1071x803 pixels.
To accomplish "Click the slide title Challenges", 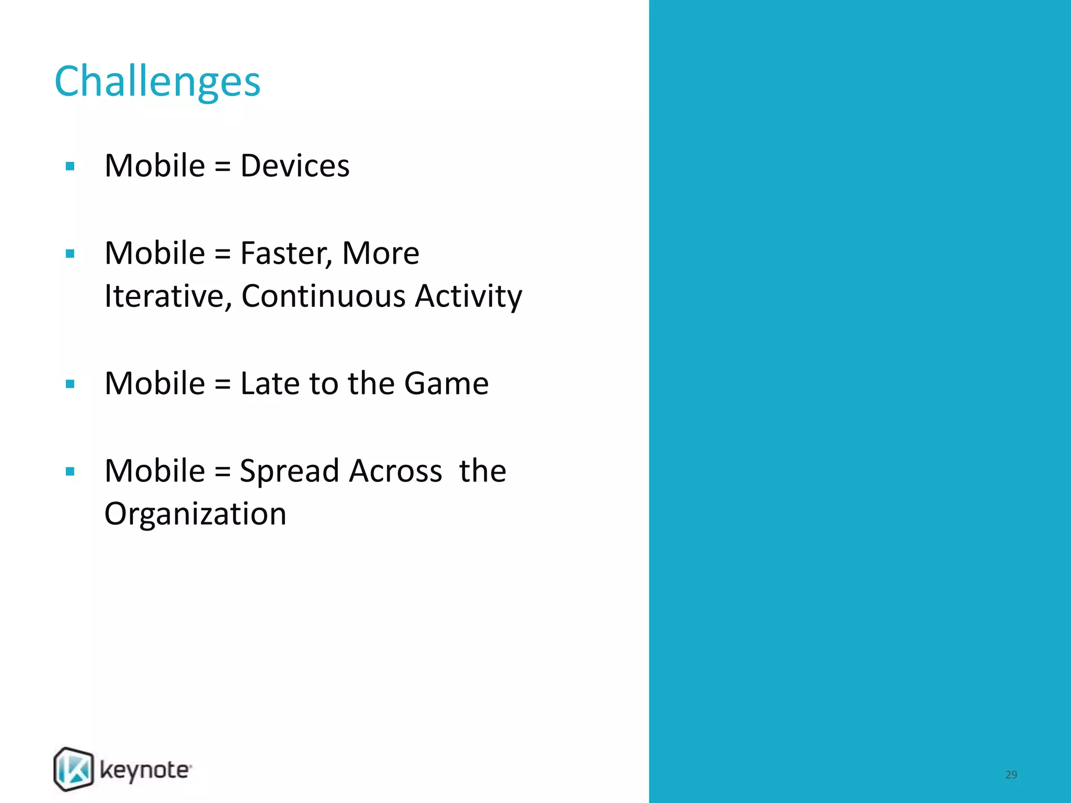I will [x=157, y=82].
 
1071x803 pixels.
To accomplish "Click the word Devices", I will [x=294, y=166].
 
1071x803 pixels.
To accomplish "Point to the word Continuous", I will [x=323, y=296].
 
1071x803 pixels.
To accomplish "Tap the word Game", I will [x=446, y=383].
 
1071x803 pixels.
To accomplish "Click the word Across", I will [x=395, y=471].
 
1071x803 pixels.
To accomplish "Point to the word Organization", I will [x=195, y=514].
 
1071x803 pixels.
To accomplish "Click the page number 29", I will [x=1011, y=775].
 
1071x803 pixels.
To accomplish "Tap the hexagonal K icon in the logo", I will [x=74, y=769].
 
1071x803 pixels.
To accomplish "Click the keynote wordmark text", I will [x=145, y=771].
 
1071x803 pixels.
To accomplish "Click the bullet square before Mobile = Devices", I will [x=70, y=167].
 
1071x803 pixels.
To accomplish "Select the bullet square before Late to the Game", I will [x=70, y=384].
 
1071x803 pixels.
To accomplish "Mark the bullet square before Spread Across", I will [x=70, y=472].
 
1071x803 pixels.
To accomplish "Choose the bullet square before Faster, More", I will [x=70, y=254].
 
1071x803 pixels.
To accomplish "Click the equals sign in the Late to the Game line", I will [x=222, y=385].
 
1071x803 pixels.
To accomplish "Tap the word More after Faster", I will [x=380, y=254].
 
